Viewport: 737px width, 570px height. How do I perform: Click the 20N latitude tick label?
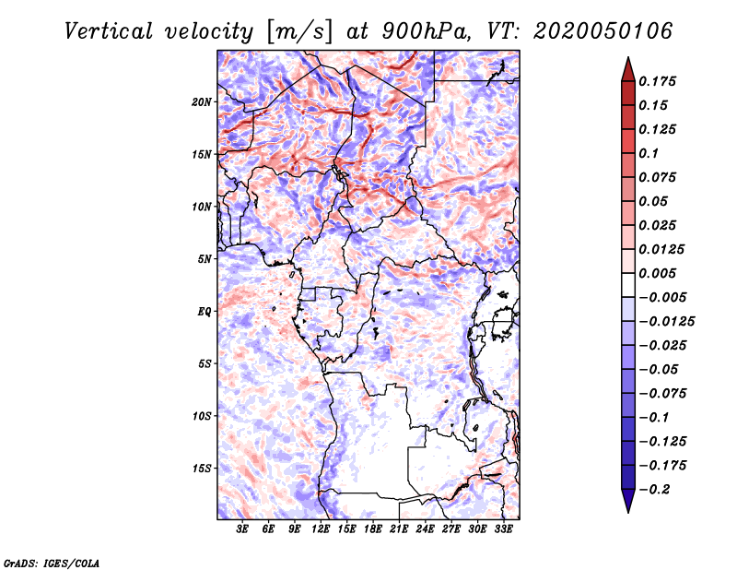(x=202, y=102)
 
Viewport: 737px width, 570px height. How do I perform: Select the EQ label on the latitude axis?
(x=205, y=312)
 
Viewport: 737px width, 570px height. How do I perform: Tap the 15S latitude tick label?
(x=202, y=469)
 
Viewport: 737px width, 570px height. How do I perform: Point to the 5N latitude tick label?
(x=205, y=259)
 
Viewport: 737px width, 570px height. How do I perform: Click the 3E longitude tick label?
(x=242, y=529)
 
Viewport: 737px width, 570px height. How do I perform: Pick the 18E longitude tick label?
(x=373, y=529)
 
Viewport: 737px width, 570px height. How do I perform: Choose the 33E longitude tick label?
(x=503, y=529)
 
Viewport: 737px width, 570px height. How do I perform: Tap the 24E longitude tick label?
(x=425, y=529)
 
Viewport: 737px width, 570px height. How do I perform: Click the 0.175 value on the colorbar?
(x=657, y=81)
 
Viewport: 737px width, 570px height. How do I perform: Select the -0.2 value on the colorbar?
(x=654, y=490)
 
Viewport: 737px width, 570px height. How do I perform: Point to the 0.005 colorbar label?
(x=657, y=273)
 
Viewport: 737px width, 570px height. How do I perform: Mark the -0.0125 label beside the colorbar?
(x=666, y=322)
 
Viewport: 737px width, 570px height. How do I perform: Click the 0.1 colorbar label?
(x=649, y=153)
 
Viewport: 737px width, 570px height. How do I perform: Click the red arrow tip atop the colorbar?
(x=628, y=57)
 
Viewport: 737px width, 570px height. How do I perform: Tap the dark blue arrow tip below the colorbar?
(x=628, y=512)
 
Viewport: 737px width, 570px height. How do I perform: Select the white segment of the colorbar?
(x=628, y=285)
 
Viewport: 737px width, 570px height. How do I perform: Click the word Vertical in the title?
(x=108, y=32)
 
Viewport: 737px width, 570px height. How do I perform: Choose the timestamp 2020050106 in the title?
(x=602, y=32)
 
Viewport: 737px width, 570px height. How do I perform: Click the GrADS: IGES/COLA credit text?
(x=52, y=564)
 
